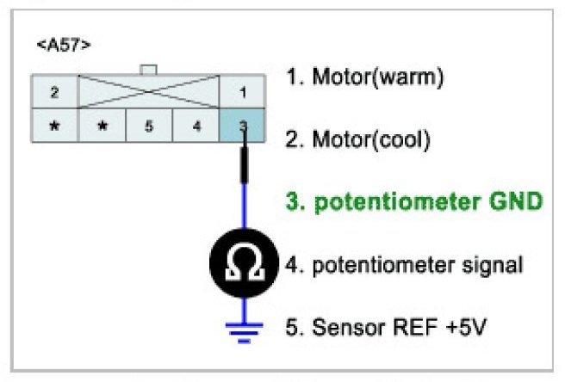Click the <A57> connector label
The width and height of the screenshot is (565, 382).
coord(63,45)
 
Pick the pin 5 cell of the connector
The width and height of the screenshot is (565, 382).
coord(149,126)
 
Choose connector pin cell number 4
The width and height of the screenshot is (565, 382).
coord(196,126)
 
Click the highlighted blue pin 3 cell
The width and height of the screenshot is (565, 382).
coord(243,126)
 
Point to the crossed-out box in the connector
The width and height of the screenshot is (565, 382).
coord(149,90)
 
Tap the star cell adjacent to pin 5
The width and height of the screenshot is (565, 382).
coord(102,126)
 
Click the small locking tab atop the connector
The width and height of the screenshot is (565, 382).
coord(149,69)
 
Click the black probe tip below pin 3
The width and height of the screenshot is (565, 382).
coord(244,163)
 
